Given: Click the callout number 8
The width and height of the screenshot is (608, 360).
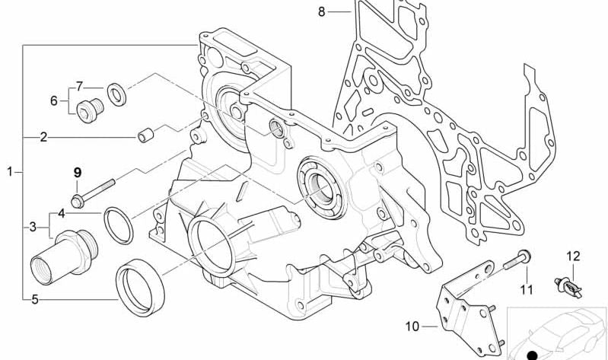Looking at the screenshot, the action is point(321,12).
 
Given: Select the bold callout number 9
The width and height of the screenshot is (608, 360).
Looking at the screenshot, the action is point(78,172).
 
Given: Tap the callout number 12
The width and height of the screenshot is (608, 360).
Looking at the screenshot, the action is point(573,256).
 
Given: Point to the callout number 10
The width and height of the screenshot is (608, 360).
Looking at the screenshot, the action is point(412,327).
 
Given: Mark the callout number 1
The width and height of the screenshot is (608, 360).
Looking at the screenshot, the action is point(10,171).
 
